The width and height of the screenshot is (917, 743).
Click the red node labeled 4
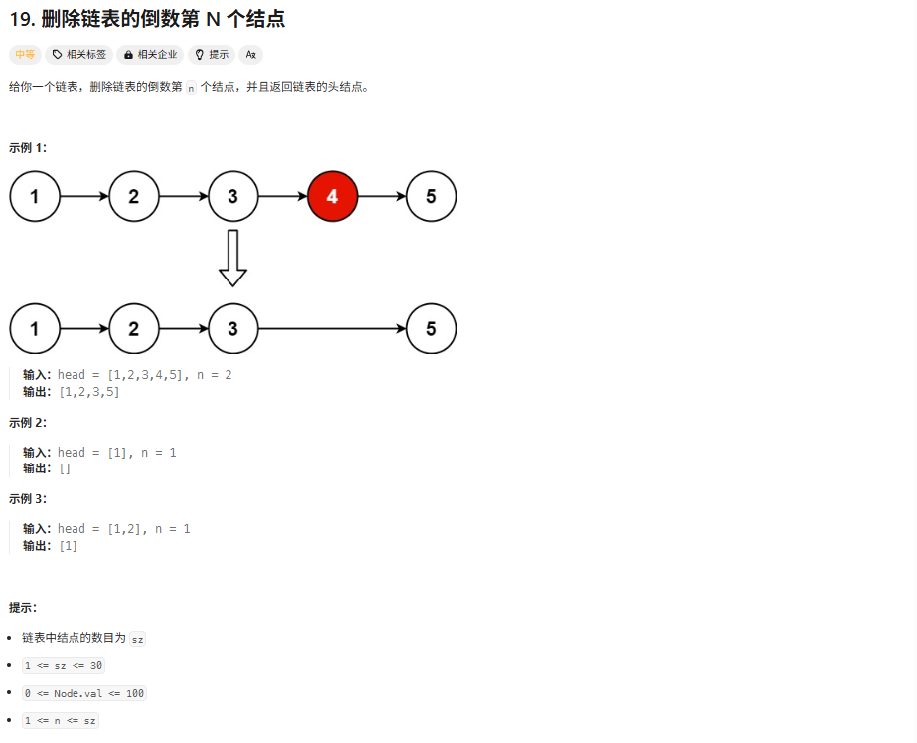332,197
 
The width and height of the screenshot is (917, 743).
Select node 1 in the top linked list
35,197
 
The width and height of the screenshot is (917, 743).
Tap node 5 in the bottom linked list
431,329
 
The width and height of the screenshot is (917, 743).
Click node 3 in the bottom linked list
232,329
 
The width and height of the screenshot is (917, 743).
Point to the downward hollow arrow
232,258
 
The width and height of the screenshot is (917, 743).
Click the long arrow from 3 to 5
332,329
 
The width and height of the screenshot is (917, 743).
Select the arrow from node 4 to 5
382,197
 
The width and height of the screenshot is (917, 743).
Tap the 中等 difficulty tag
25,55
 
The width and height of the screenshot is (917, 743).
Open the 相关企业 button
150,55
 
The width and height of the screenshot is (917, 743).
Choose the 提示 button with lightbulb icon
212,55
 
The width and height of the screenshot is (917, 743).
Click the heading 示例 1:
28,148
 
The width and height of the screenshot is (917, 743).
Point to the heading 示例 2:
28,423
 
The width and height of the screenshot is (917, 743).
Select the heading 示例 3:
28,499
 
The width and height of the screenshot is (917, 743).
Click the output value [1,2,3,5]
89,392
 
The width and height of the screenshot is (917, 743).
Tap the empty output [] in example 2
65,468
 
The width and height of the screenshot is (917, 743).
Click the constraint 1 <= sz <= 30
64,665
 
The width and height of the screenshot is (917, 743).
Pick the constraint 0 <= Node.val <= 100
84,693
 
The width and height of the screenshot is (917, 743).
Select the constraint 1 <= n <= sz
61,721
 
